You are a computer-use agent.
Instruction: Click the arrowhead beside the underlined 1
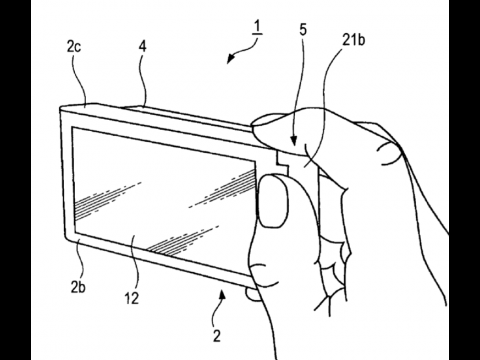point(232,58)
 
